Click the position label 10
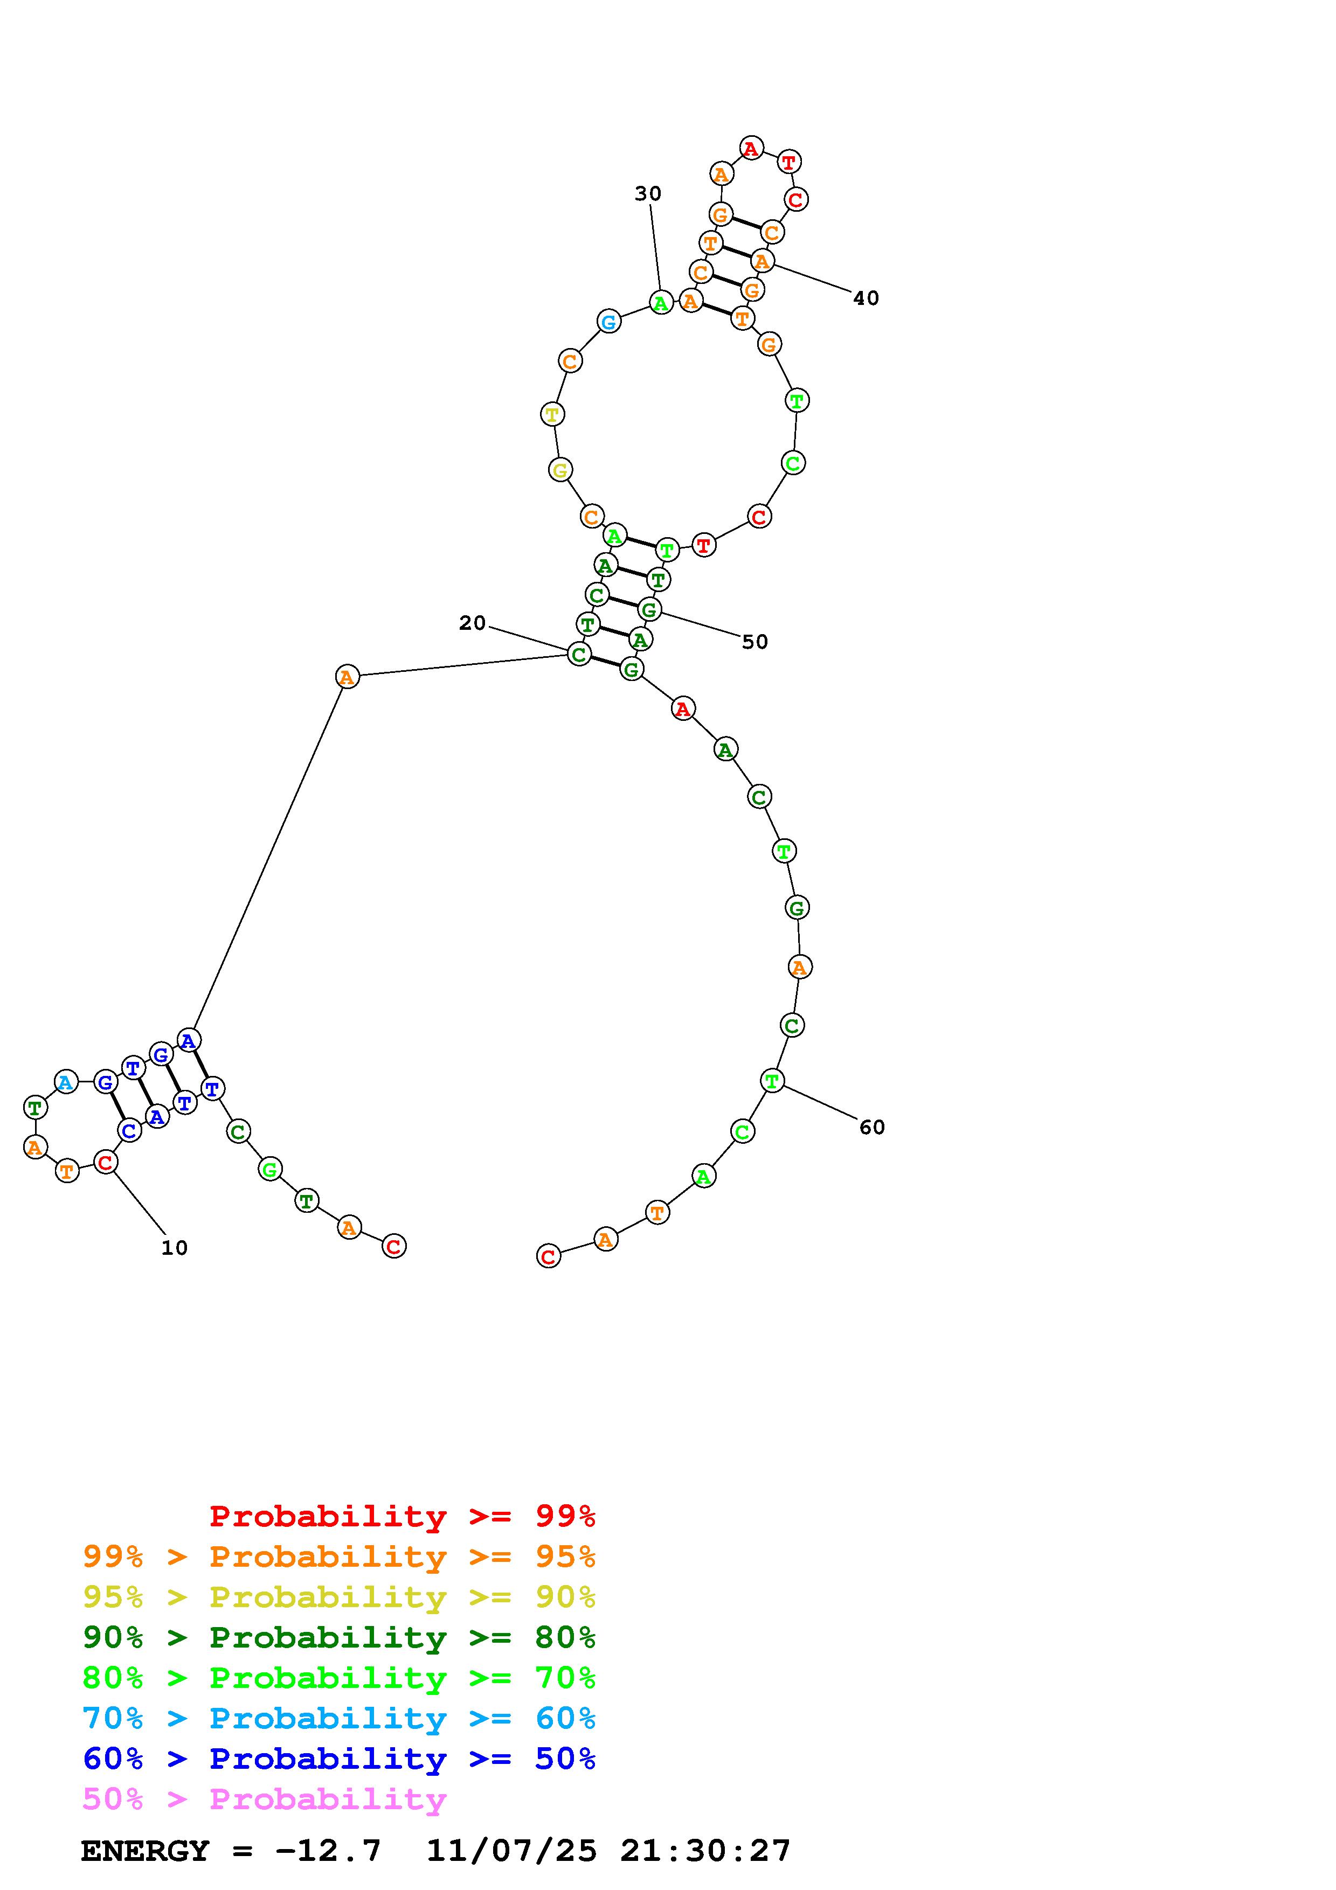(x=175, y=1248)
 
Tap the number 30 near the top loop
(x=648, y=193)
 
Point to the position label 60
(x=872, y=1127)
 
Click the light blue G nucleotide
(x=608, y=321)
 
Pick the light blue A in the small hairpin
(x=66, y=1082)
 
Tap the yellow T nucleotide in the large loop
(x=552, y=414)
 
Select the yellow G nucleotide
(x=560, y=470)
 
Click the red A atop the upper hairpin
(x=751, y=148)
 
